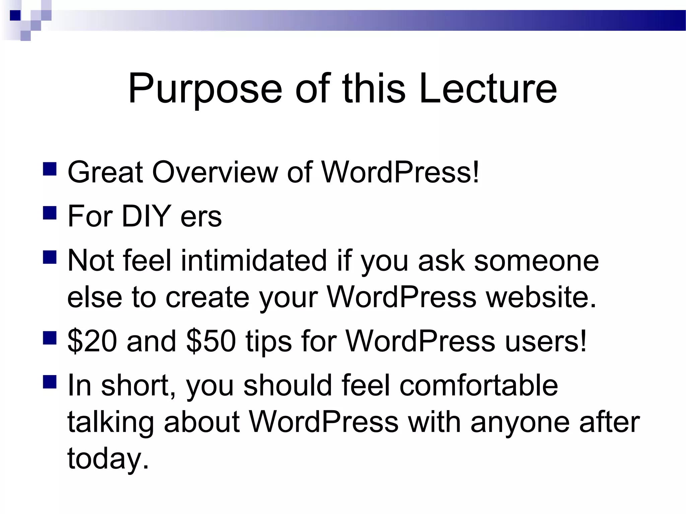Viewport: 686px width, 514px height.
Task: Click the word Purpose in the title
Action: click(205, 90)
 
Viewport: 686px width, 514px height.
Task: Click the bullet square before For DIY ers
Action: click(50, 213)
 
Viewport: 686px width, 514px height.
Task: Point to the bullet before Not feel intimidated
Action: click(50, 257)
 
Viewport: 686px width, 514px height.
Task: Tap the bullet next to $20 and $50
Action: click(50, 338)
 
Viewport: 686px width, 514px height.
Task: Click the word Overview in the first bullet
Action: click(215, 172)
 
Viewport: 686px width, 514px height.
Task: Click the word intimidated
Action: click(254, 260)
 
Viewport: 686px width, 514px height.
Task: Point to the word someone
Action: click(536, 260)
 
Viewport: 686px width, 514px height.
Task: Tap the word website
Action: click(541, 297)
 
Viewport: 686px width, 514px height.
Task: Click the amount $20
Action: click(92, 341)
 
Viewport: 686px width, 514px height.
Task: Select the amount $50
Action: click(211, 341)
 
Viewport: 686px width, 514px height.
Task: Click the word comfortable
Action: click(479, 385)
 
